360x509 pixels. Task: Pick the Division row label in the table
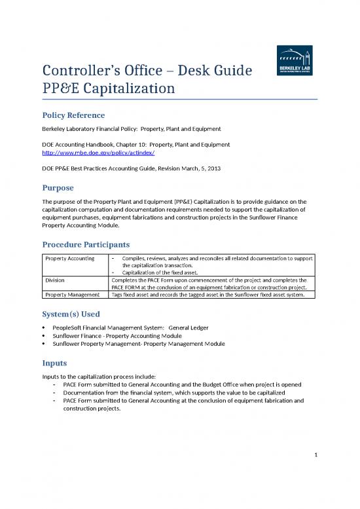tap(55, 279)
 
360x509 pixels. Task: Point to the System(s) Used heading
tap(71, 314)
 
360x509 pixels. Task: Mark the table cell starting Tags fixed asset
tap(211, 295)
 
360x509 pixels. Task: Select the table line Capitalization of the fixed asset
tap(165, 272)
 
